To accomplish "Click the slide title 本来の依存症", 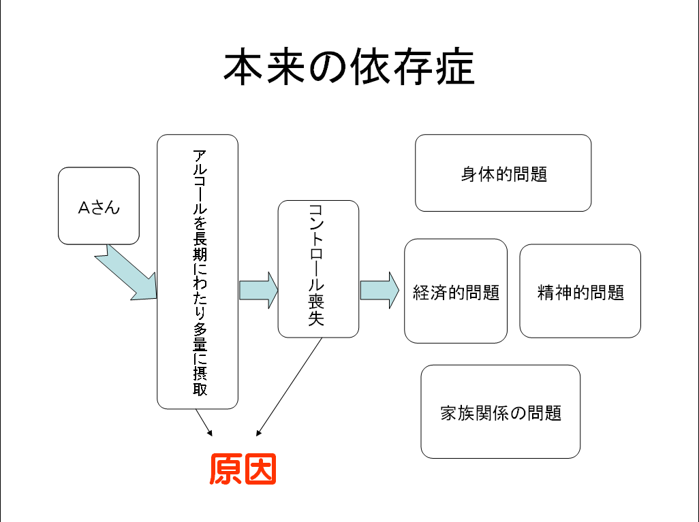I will coord(349,67).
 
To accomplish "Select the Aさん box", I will coord(99,206).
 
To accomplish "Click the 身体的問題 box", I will coord(503,173).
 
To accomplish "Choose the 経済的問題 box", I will coord(456,291).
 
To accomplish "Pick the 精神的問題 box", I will coord(580,291).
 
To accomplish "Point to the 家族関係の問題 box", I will coord(501,412).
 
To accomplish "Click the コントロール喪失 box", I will coord(318,269).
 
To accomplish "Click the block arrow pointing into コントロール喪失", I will coord(258,290).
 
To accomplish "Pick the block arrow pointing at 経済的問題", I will coord(379,290).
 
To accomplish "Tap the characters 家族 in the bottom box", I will coord(456,412).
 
